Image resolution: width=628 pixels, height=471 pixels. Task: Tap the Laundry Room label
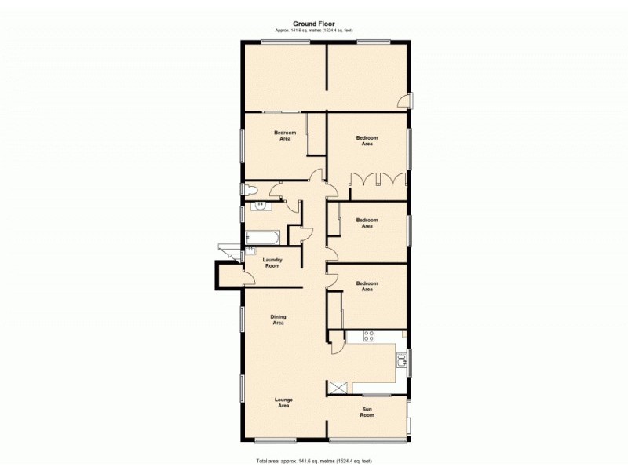point(272,262)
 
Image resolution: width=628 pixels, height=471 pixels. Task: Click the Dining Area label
point(279,319)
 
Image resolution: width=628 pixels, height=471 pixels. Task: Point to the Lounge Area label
point(283,403)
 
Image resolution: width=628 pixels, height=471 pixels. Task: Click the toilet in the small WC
point(249,190)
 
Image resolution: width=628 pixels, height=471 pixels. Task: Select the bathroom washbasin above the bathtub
point(259,206)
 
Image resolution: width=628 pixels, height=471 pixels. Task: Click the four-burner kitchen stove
point(368,338)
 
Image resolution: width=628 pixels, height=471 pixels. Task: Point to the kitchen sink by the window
point(402,360)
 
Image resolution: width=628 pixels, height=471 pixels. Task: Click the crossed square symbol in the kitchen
point(339,387)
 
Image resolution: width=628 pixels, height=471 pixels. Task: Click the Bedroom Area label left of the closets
point(366,141)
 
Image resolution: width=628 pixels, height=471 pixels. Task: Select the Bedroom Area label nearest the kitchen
point(366,287)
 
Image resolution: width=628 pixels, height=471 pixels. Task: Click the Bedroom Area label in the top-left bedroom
point(285,136)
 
